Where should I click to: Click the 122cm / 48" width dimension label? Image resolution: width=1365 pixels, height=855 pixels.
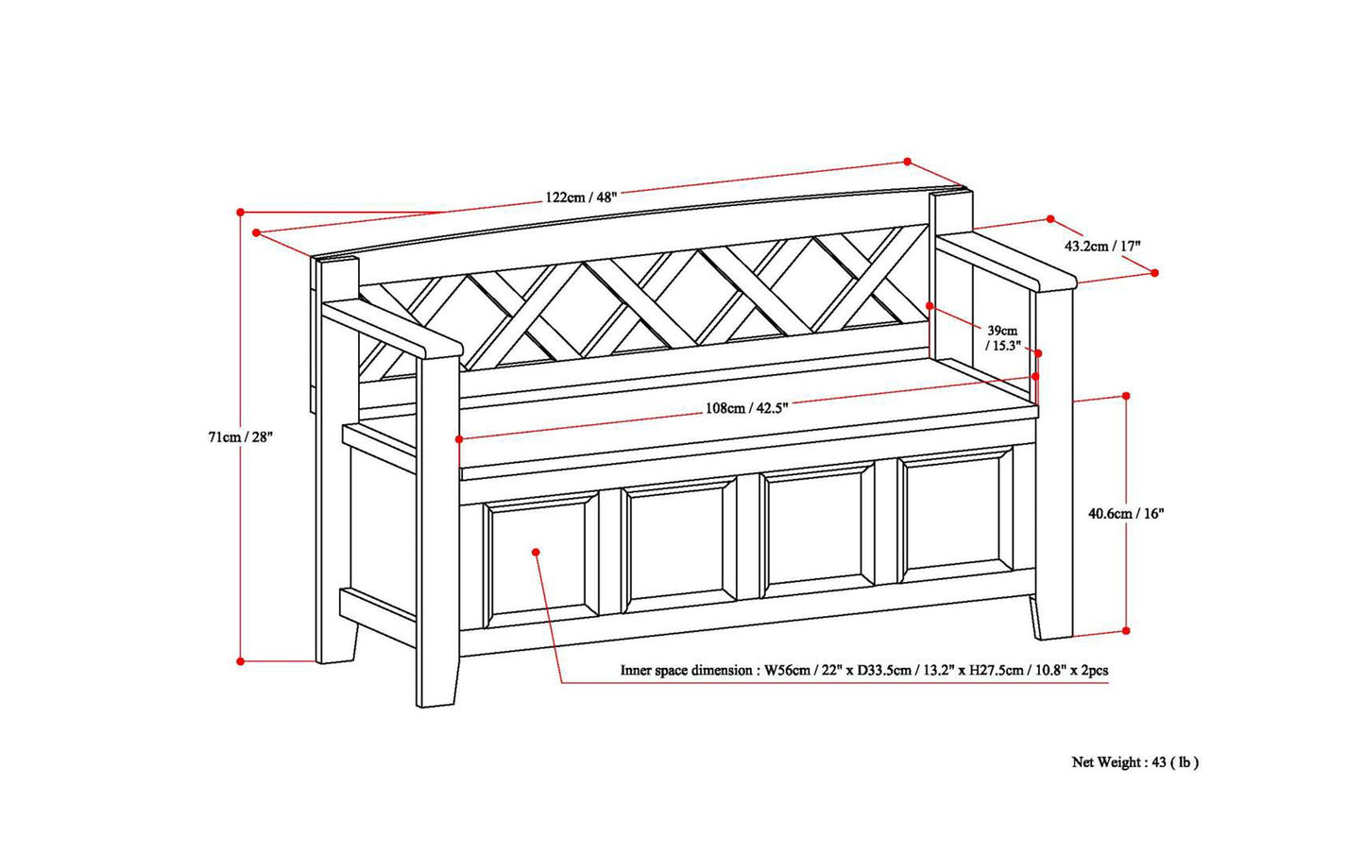pos(580,197)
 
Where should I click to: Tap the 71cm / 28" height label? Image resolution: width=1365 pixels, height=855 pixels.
pos(240,437)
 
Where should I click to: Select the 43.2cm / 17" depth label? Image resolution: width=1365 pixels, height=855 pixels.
pos(1102,246)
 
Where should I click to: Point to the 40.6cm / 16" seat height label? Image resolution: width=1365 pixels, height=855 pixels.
pos(1126,514)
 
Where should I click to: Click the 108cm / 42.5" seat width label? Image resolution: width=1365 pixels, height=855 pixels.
pos(746,409)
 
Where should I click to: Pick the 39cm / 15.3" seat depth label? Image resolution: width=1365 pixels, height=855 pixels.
pos(1002,338)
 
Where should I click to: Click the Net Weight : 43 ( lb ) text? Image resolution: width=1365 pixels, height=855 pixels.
pos(1135,762)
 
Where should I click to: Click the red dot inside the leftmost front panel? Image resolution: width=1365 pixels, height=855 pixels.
pos(536,551)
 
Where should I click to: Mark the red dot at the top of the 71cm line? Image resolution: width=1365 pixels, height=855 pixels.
pos(241,212)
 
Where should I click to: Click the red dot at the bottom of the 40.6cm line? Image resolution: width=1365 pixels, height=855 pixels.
pos(1126,630)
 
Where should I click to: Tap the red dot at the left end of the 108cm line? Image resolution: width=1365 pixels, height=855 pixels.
pos(459,439)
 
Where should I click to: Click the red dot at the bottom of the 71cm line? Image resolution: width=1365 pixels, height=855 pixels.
pos(241,660)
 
